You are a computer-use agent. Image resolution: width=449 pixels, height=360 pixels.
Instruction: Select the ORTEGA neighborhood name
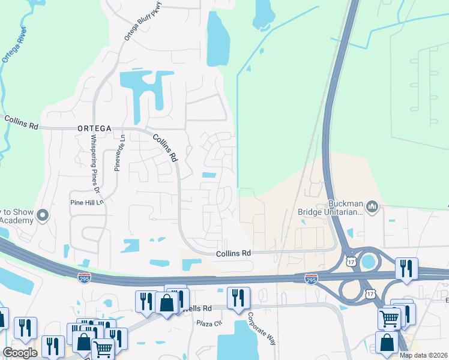pyautogui.click(x=94, y=128)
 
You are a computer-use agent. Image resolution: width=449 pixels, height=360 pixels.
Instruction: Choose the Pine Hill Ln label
pyautogui.click(x=88, y=203)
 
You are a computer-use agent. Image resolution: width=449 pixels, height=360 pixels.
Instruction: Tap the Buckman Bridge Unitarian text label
pyautogui.click(x=331, y=207)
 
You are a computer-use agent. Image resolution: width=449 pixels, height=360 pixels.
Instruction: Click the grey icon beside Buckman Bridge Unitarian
pyautogui.click(x=372, y=207)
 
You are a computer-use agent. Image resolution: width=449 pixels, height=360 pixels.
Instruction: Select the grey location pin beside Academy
pyautogui.click(x=42, y=215)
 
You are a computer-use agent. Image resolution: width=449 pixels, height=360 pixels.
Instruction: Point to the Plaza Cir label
pyautogui.click(x=209, y=323)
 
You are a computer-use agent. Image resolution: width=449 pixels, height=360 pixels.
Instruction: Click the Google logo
pyautogui.click(x=20, y=353)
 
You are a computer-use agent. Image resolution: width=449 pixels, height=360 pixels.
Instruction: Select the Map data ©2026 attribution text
pyautogui.click(x=423, y=355)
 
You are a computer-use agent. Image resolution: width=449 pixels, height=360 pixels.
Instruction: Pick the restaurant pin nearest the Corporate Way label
pyautogui.click(x=238, y=298)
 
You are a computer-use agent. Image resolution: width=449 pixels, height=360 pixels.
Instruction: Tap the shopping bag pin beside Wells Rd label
pyautogui.click(x=166, y=301)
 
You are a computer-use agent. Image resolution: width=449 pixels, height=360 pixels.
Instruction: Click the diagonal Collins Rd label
pyautogui.click(x=165, y=148)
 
